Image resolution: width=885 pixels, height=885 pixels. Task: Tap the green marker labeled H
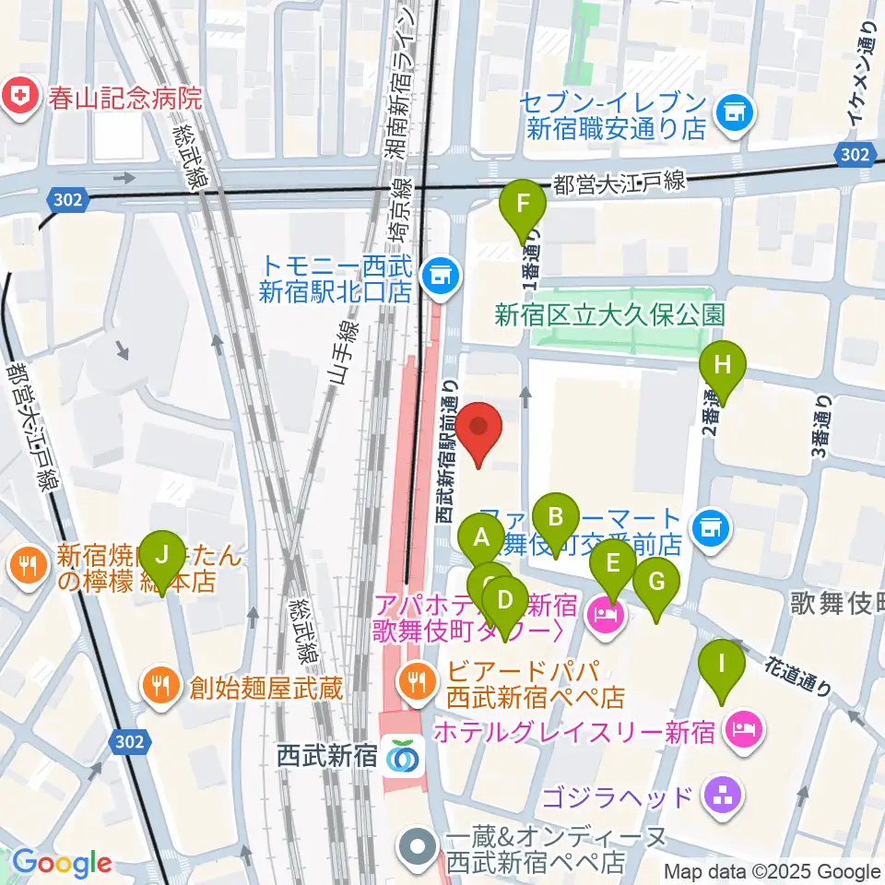coord(723,366)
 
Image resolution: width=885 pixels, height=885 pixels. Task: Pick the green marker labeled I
coord(722,665)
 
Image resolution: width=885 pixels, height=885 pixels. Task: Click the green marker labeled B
coord(556,517)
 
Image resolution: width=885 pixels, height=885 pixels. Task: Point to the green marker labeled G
coord(656,584)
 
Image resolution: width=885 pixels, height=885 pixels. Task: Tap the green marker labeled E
coord(612,564)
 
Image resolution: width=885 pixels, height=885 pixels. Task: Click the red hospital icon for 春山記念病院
coord(18,94)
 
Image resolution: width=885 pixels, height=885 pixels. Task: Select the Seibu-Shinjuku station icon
coord(403,756)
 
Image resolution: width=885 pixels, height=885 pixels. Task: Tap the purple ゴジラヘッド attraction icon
coord(722,796)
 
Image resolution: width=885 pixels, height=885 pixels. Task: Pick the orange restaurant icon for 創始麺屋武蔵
coord(160,685)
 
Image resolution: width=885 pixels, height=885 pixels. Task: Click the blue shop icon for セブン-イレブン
coord(735,113)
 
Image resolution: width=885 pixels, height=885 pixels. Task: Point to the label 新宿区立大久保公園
coord(609,315)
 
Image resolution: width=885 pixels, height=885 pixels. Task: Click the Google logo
coord(62,863)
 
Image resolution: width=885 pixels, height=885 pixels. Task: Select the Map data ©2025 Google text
coord(773,871)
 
